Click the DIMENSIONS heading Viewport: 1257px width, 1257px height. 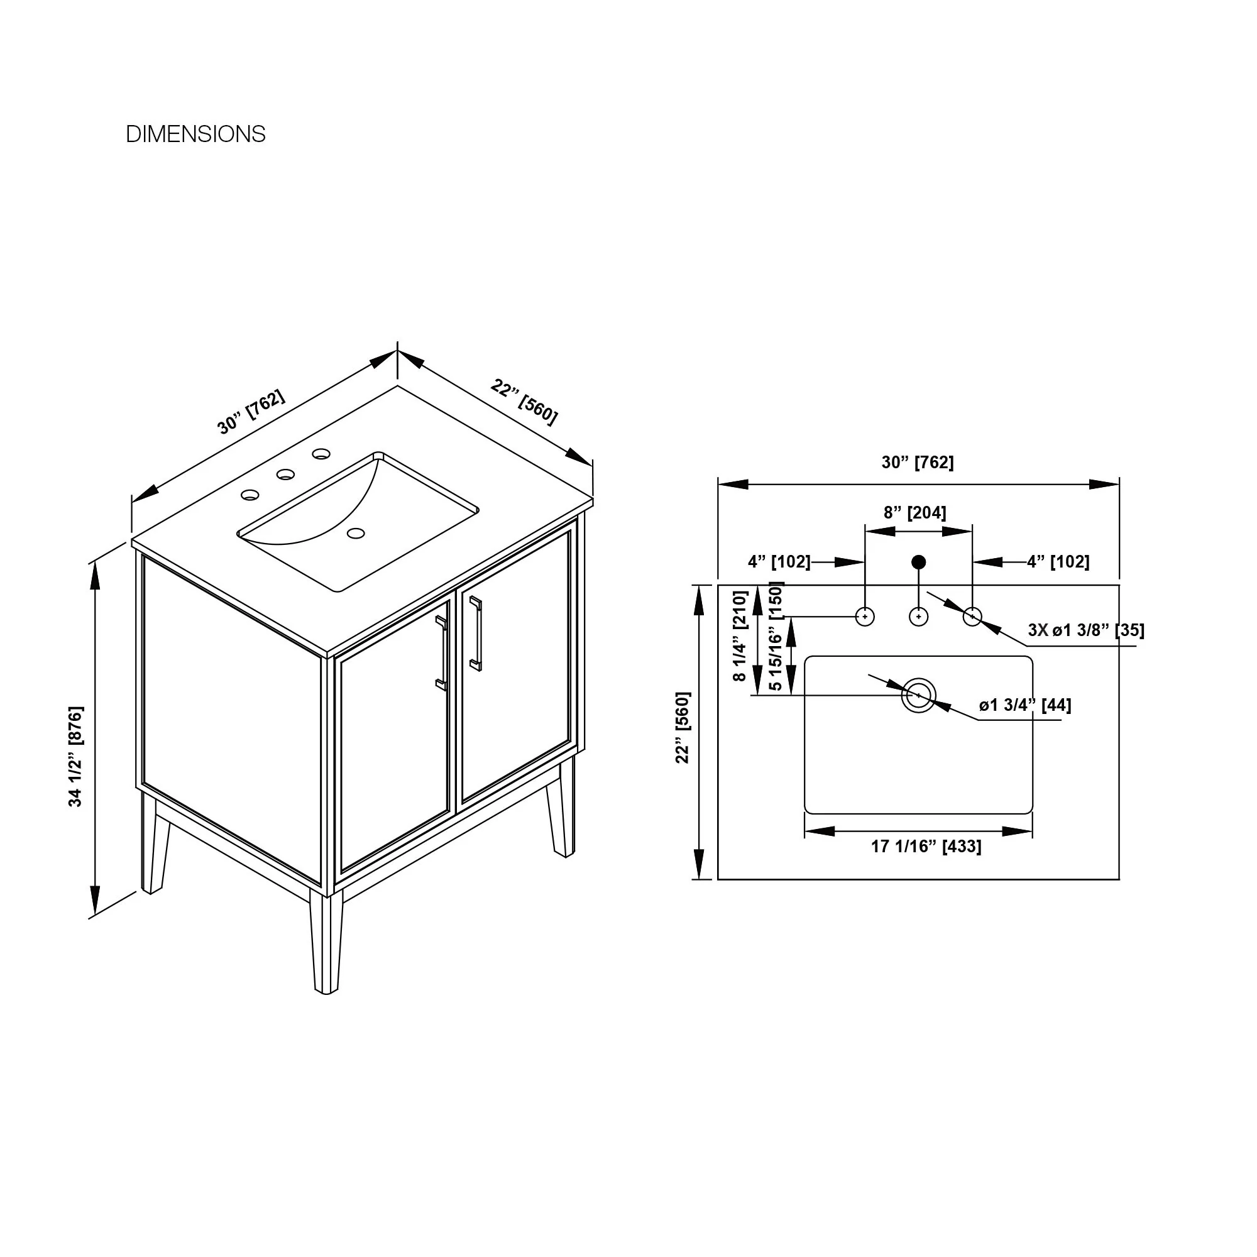tap(195, 134)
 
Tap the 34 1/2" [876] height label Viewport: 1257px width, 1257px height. tap(76, 756)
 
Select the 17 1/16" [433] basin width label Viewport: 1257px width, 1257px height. tap(926, 847)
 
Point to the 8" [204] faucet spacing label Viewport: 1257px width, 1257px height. tap(914, 513)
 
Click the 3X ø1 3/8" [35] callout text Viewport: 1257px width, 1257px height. tap(1086, 630)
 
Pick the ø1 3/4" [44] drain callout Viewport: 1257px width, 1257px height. tap(1024, 705)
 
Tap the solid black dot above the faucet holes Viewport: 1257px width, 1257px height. tap(919, 561)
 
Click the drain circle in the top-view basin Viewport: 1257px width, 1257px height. tap(919, 696)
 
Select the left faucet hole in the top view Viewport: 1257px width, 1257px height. tap(865, 616)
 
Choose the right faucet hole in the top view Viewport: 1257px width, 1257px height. tap(972, 616)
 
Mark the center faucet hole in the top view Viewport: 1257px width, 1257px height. tap(919, 616)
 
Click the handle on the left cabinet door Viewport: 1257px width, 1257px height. tap(441, 652)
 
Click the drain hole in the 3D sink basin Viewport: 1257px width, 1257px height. tap(355, 534)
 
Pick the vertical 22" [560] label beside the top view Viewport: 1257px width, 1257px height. tap(683, 727)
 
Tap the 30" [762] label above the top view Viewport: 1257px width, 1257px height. tap(918, 462)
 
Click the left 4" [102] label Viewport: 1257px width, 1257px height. tap(779, 561)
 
